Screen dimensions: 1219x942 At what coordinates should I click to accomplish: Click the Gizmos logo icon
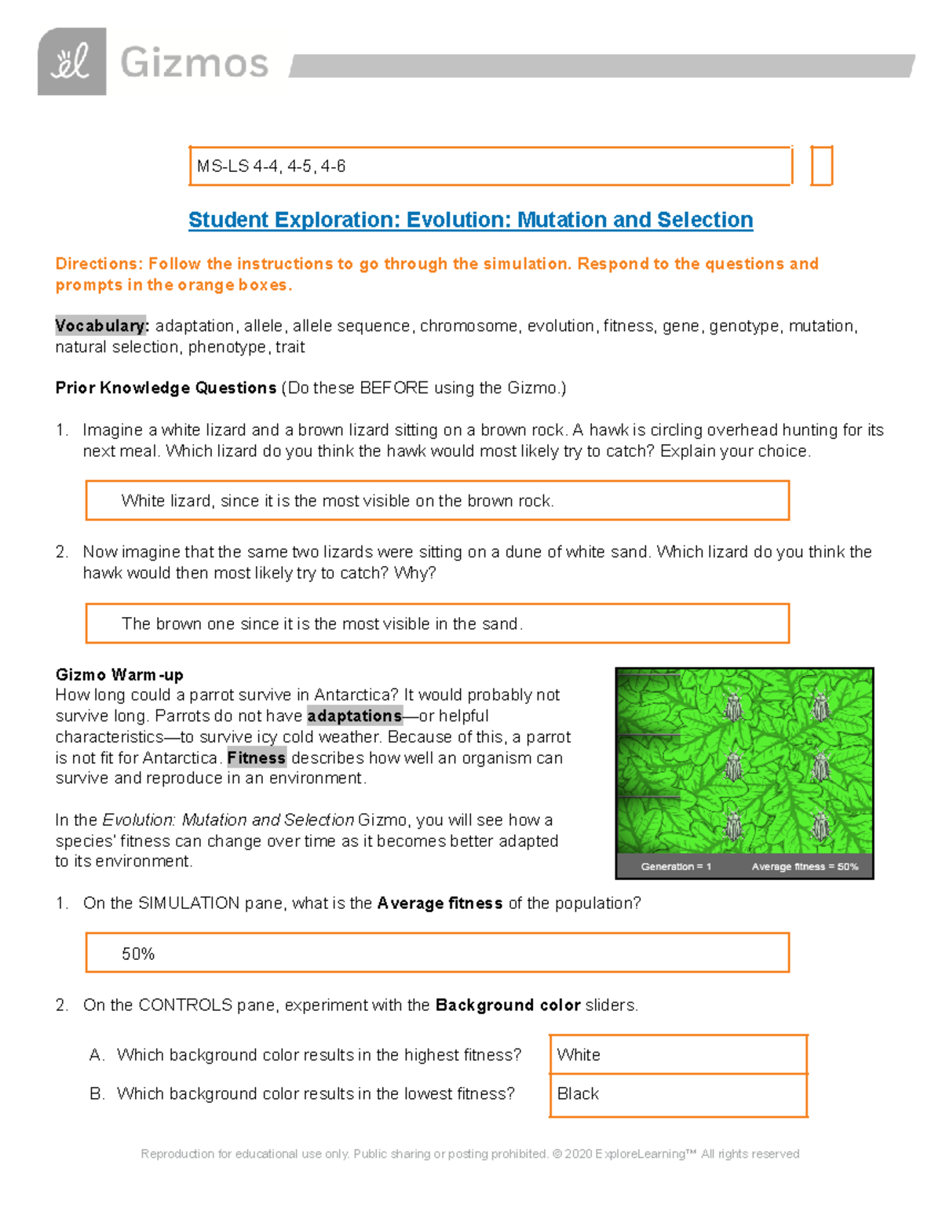pyautogui.click(x=71, y=62)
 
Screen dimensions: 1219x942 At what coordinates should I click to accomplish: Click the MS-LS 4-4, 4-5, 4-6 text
pyautogui.click(x=271, y=166)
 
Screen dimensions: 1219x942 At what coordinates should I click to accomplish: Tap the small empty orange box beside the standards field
pyautogui.click(x=821, y=166)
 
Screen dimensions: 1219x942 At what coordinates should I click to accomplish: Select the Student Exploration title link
pyautogui.click(x=470, y=220)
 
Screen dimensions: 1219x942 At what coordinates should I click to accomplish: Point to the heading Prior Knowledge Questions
pyautogui.click(x=166, y=388)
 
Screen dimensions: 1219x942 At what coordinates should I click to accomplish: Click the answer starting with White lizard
pyautogui.click(x=338, y=501)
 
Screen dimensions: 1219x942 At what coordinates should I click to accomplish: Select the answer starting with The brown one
pyautogui.click(x=322, y=624)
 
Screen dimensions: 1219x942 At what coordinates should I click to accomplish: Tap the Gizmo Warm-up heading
pyautogui.click(x=119, y=675)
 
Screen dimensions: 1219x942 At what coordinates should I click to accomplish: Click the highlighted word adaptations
pyautogui.click(x=354, y=716)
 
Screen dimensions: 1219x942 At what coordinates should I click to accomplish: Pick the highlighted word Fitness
pyautogui.click(x=257, y=758)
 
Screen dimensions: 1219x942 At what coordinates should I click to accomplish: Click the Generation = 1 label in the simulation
pyautogui.click(x=676, y=867)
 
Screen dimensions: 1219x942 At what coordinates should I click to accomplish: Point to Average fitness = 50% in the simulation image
pyautogui.click(x=805, y=867)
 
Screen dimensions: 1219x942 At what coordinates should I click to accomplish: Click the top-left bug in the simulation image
pyautogui.click(x=733, y=707)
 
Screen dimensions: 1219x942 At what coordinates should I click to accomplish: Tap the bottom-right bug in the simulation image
pyautogui.click(x=820, y=826)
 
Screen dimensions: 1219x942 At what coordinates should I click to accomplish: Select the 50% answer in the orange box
pyautogui.click(x=138, y=954)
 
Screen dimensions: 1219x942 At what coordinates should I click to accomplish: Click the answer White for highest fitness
pyautogui.click(x=579, y=1055)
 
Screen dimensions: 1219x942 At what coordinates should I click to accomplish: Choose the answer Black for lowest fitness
pyautogui.click(x=578, y=1094)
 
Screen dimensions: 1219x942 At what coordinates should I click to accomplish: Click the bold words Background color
pyautogui.click(x=508, y=1005)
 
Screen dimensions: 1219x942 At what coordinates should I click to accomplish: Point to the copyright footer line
pyautogui.click(x=469, y=1154)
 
